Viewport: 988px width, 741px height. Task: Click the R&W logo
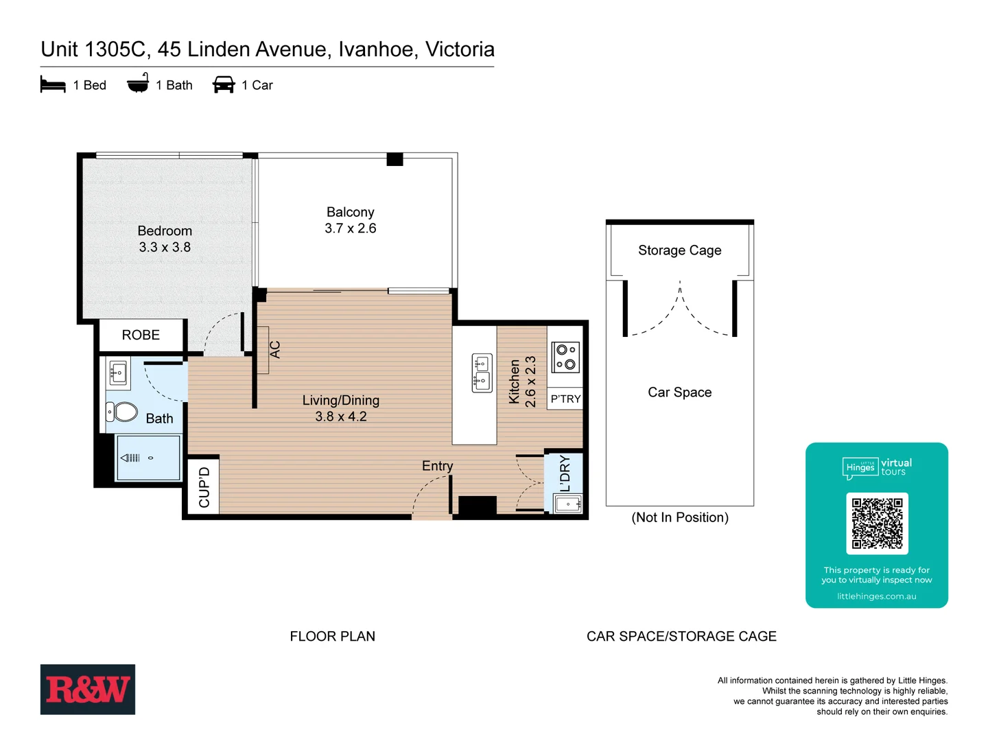point(87,689)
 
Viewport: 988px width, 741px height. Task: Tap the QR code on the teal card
point(877,524)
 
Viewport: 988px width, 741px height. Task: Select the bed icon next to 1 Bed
point(53,85)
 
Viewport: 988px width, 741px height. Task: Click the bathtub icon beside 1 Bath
point(138,84)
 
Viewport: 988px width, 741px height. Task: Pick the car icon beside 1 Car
point(224,84)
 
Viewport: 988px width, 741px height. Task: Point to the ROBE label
point(141,335)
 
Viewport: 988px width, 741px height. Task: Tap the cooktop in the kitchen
point(565,357)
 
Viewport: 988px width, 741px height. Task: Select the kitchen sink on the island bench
point(482,373)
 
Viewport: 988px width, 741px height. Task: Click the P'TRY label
point(565,399)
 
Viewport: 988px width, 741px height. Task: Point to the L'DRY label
point(565,473)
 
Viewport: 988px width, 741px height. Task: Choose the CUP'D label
point(204,487)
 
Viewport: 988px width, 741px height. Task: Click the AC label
point(274,350)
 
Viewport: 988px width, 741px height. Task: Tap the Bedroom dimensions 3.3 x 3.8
point(165,247)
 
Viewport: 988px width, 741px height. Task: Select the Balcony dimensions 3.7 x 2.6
point(350,228)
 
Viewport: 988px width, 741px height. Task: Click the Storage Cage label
point(679,250)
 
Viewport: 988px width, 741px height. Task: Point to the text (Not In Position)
point(679,517)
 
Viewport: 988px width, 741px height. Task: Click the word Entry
point(437,466)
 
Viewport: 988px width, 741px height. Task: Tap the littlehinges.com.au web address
point(876,596)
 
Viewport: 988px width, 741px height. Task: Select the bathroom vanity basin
point(117,373)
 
